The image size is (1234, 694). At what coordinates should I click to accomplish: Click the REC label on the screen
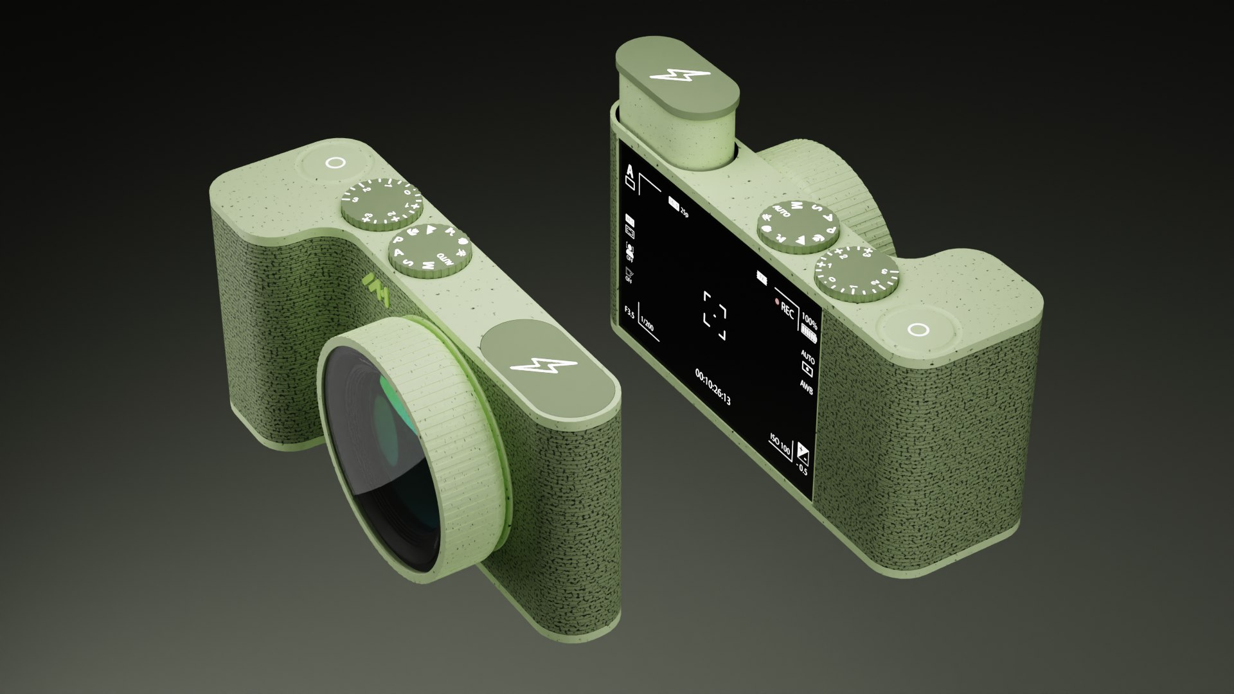(787, 309)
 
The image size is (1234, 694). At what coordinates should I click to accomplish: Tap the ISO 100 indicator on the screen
(780, 444)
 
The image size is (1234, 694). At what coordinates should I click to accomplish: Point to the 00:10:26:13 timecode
(713, 386)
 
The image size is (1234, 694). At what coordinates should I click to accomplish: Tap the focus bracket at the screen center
(715, 315)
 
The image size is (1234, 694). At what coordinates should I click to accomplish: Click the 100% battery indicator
(809, 323)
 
